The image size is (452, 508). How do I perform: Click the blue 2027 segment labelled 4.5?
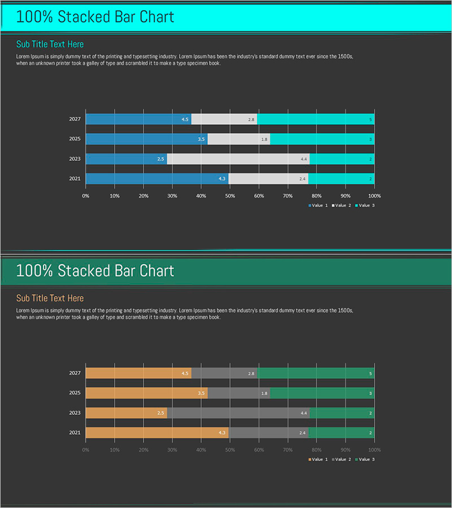138,119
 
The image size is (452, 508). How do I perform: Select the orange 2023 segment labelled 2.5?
126,413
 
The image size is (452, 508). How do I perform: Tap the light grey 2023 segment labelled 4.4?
238,159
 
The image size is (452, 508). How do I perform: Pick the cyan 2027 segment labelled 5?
315,119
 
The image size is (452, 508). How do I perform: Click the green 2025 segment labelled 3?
322,393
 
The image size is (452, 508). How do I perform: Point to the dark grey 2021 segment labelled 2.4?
269,433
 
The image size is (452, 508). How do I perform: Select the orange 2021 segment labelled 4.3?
157,433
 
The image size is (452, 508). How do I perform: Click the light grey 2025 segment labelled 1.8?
238,139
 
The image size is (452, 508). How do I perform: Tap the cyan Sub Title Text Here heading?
50,44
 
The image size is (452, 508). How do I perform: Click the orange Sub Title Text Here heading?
50,298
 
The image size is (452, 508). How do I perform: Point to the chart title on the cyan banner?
95,17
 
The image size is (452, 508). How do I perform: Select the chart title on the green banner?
95,271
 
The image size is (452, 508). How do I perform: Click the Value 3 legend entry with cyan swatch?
364,205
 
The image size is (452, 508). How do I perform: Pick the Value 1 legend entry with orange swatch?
318,459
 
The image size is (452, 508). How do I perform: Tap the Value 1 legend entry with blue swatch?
318,205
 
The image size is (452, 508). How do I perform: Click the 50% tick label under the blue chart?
230,196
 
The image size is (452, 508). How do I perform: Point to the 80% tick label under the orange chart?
316,450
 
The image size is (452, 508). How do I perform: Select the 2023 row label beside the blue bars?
75,159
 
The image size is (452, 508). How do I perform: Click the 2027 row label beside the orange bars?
75,373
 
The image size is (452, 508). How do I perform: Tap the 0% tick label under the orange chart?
86,450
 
